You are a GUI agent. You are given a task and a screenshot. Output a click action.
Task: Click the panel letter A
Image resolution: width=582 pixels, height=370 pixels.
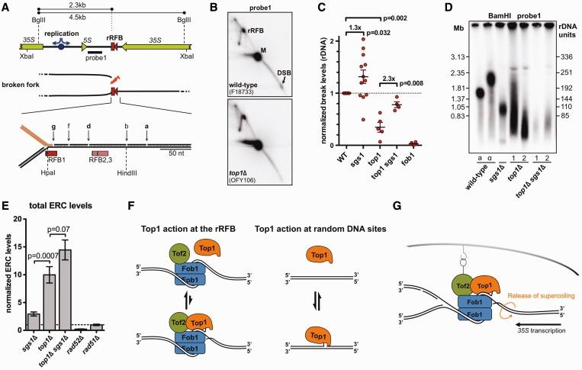pos(5,7)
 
